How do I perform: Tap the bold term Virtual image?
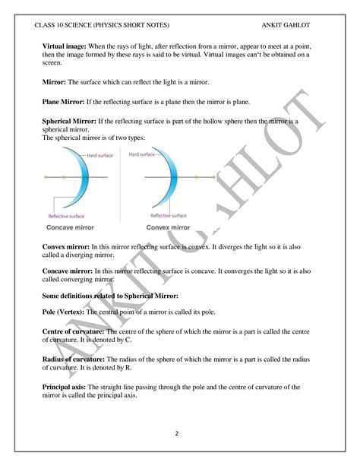[65, 47]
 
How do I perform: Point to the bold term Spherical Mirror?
[74, 121]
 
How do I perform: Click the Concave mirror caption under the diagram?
[74, 227]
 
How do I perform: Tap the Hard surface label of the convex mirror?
[142, 154]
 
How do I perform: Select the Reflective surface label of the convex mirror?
[171, 215]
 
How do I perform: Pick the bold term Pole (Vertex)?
[68, 312]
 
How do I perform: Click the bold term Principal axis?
[68, 387]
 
